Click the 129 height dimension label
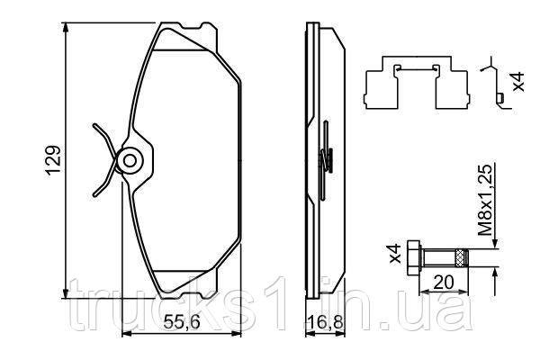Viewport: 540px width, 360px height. pos(54,160)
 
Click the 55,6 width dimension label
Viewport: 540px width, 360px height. pos(182,322)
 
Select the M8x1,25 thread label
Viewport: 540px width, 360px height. pos(486,200)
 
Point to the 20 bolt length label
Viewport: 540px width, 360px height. pos(444,283)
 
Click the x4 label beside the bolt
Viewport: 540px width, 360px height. pos(395,254)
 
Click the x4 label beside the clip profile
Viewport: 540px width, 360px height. pos(517,82)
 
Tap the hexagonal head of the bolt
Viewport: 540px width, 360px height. pos(413,257)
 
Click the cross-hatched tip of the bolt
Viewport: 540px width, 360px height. pos(462,257)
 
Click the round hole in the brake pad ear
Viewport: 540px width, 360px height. pos(130,160)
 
